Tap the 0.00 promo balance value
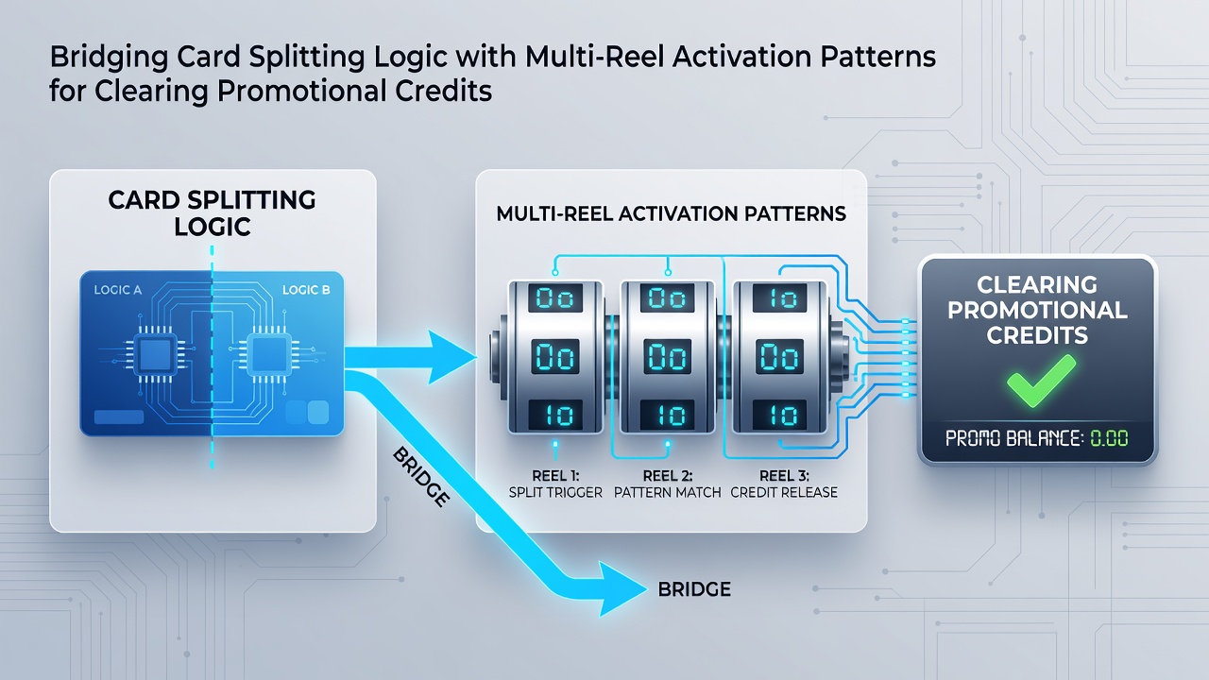pos(1109,437)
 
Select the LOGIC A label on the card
pos(118,290)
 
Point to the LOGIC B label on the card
pos(306,290)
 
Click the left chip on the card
pos(156,354)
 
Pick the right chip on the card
pos(269,354)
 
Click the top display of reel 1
pos(554,297)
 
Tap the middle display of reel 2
pos(667,357)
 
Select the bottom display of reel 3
pos(780,415)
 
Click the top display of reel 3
pos(780,297)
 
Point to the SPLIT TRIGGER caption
pos(555,492)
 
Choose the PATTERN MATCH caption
pos(668,492)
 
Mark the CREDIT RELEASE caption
pos(784,492)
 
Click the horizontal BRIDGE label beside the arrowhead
pos(694,588)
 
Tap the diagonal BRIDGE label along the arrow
pos(421,477)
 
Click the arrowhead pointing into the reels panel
pos(451,357)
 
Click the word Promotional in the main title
pos(301,91)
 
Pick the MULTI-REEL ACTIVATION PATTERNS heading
pos(671,213)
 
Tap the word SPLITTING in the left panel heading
pos(251,199)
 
